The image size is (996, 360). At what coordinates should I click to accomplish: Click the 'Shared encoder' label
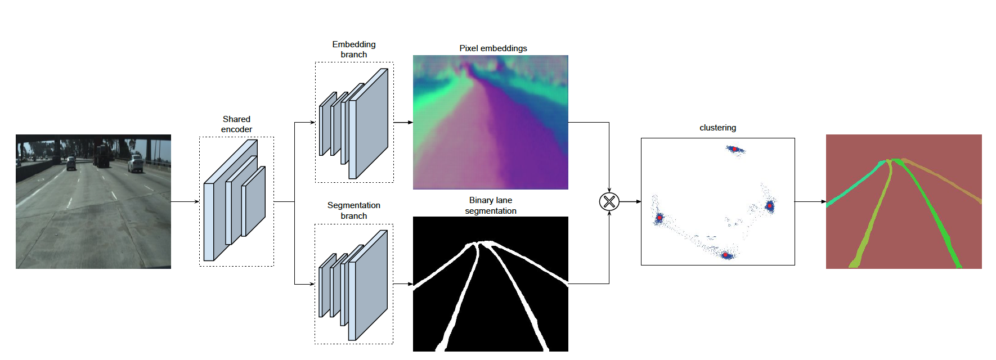[236, 124]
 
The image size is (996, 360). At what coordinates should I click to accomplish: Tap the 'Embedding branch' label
[353, 49]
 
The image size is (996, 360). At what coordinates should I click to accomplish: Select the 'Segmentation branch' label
[353, 210]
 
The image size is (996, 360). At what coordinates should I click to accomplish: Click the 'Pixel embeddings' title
[493, 48]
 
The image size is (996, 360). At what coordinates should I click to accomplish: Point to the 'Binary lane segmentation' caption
[490, 205]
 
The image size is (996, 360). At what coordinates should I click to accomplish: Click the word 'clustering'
[717, 128]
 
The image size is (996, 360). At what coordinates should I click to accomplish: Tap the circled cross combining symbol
[609, 201]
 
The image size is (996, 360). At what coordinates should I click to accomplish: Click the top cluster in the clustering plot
[734, 149]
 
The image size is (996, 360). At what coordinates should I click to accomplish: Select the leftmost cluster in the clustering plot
[659, 217]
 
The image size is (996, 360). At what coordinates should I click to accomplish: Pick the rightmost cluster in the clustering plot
[769, 206]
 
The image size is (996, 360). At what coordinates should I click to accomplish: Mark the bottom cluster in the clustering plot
[726, 255]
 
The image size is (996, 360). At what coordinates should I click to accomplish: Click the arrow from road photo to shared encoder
[185, 201]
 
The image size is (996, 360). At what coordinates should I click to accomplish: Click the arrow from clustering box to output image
[810, 201]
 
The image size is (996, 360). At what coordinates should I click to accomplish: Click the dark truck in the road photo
[102, 156]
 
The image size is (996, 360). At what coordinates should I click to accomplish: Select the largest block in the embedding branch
[369, 124]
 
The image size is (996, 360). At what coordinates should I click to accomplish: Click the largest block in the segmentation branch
[369, 285]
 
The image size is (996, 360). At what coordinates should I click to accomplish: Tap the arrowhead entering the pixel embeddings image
[410, 122]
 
